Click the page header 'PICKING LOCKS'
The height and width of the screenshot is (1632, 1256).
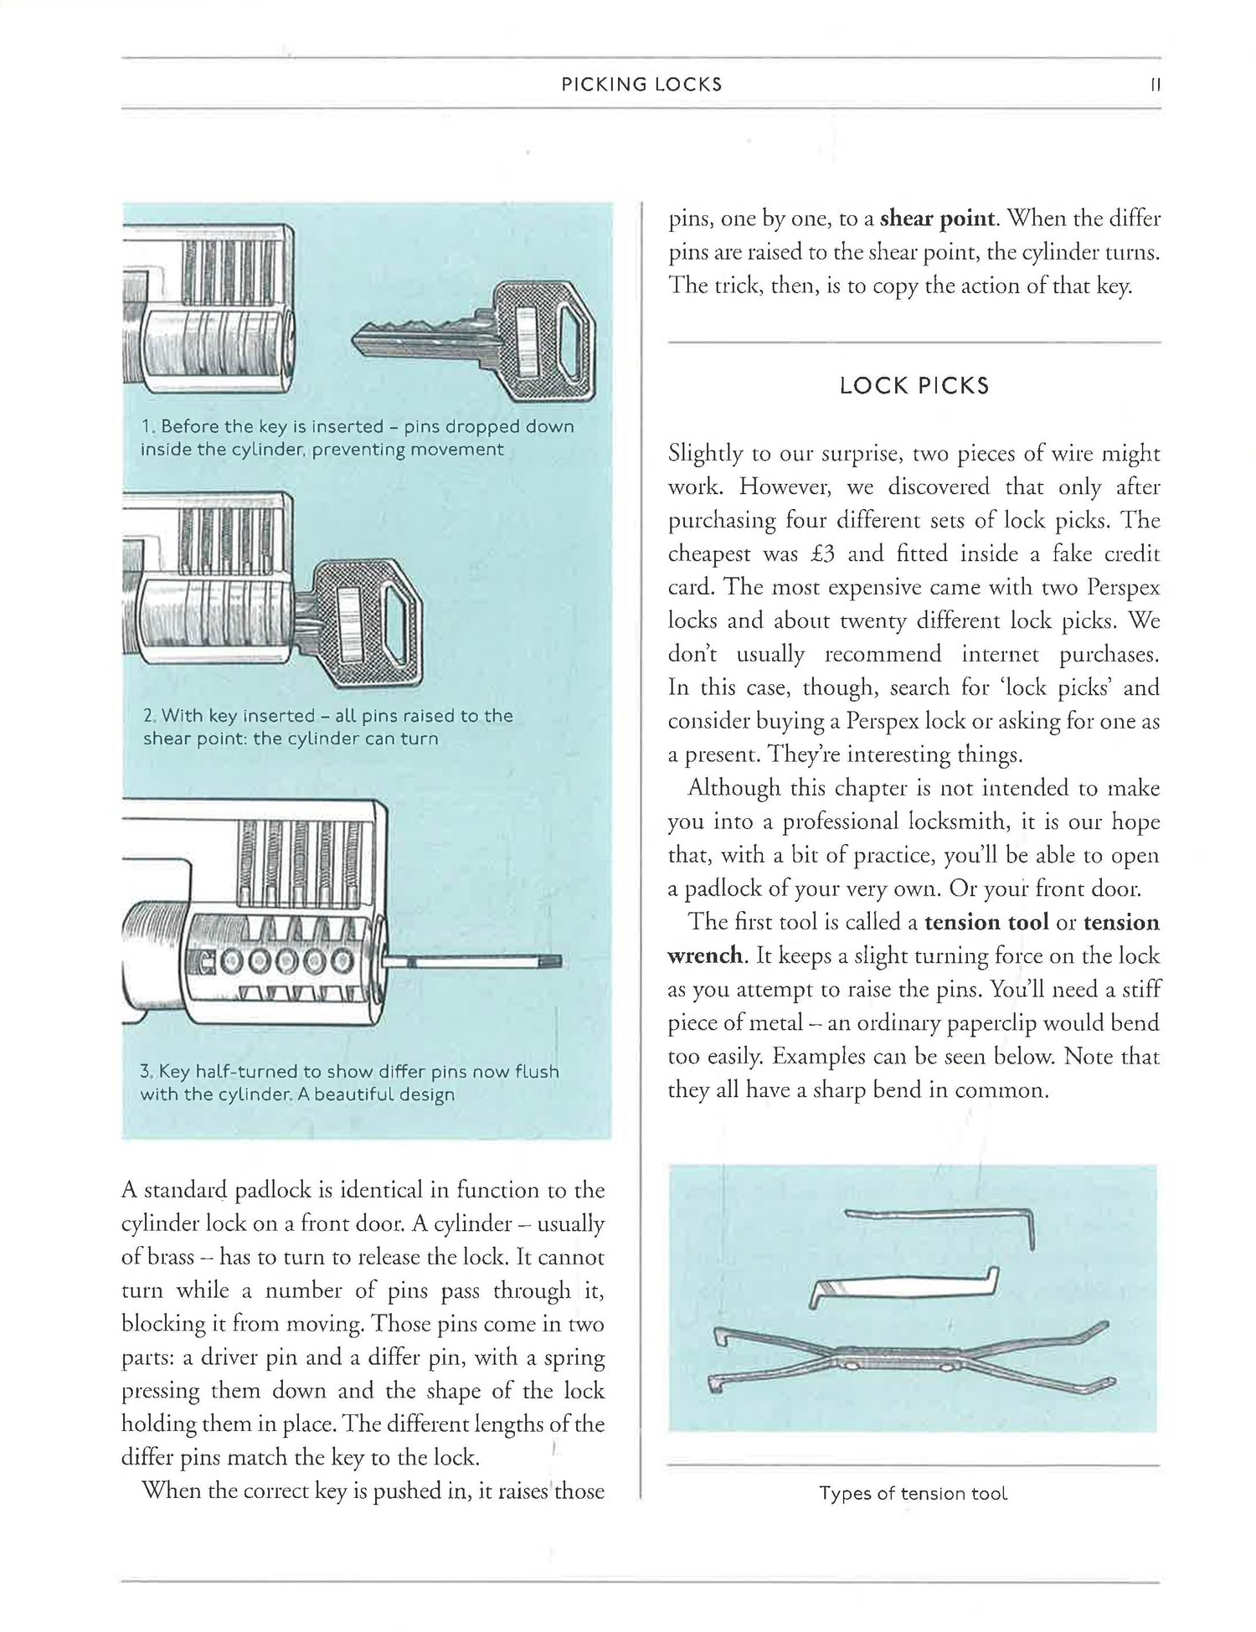641,85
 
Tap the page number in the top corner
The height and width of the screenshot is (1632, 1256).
1156,85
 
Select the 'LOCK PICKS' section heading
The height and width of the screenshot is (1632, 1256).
914,386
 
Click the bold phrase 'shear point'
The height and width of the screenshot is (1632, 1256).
939,219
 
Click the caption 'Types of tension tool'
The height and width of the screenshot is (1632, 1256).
914,1494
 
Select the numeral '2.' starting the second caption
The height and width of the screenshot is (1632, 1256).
150,717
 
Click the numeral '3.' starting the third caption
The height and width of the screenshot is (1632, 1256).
147,1072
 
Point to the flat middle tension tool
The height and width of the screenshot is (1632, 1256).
904,1288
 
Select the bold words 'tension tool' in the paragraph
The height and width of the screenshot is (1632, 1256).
986,923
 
